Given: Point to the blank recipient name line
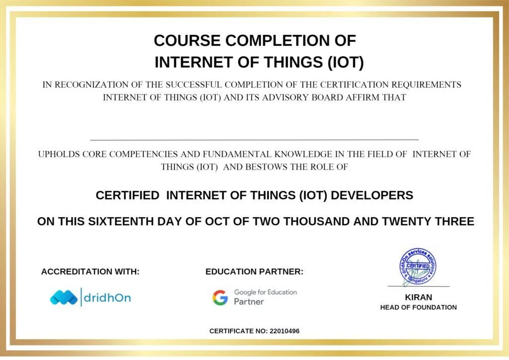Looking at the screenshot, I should pos(254,139).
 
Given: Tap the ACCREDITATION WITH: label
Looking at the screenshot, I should pos(90,272).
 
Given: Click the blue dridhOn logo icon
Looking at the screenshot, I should pos(64,297).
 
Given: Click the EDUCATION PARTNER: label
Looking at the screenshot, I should pos(254,272).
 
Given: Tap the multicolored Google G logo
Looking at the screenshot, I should pos(220,297).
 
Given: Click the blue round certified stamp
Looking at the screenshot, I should pos(418,267).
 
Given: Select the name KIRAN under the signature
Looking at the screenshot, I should pos(419,297).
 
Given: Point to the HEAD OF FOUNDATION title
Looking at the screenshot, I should pos(419,307).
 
